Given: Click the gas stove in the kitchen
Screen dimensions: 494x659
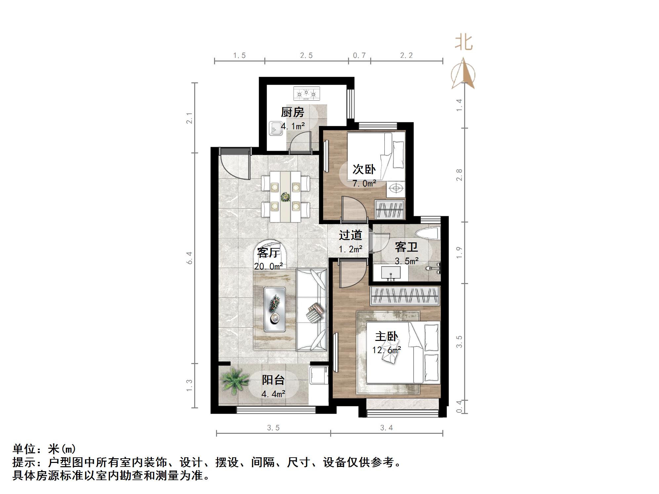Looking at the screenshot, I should point(306,93).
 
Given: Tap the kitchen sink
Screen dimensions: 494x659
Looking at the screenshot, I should point(276,129).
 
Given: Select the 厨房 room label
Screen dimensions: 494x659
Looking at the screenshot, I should point(292,112).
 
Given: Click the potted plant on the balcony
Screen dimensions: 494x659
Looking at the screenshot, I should point(235,381).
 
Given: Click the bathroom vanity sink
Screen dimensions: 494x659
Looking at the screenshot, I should point(391,273).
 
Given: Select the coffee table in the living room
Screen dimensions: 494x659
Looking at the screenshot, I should point(275,309).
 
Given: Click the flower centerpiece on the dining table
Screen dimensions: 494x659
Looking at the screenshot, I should point(285,197).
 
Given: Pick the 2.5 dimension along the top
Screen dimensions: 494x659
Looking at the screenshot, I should point(306,56).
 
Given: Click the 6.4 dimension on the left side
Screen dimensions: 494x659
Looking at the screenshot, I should point(189,258).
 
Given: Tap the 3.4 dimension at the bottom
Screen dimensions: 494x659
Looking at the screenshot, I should point(386,428).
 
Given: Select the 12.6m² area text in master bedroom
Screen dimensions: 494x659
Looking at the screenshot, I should point(386,350).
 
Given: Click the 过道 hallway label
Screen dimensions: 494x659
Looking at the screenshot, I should point(350,235).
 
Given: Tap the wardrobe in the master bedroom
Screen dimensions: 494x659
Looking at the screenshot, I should point(405,295).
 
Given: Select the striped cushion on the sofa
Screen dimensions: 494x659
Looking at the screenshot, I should point(315,312).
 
